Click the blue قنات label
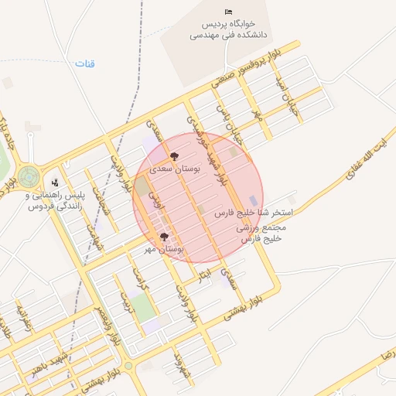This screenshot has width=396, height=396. [x=84, y=63]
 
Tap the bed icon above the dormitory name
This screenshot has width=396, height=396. [x=227, y=12]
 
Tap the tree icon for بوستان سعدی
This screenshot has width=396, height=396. [x=173, y=155]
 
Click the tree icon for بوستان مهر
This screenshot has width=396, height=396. [x=163, y=237]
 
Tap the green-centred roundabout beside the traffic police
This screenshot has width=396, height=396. [x=29, y=176]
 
